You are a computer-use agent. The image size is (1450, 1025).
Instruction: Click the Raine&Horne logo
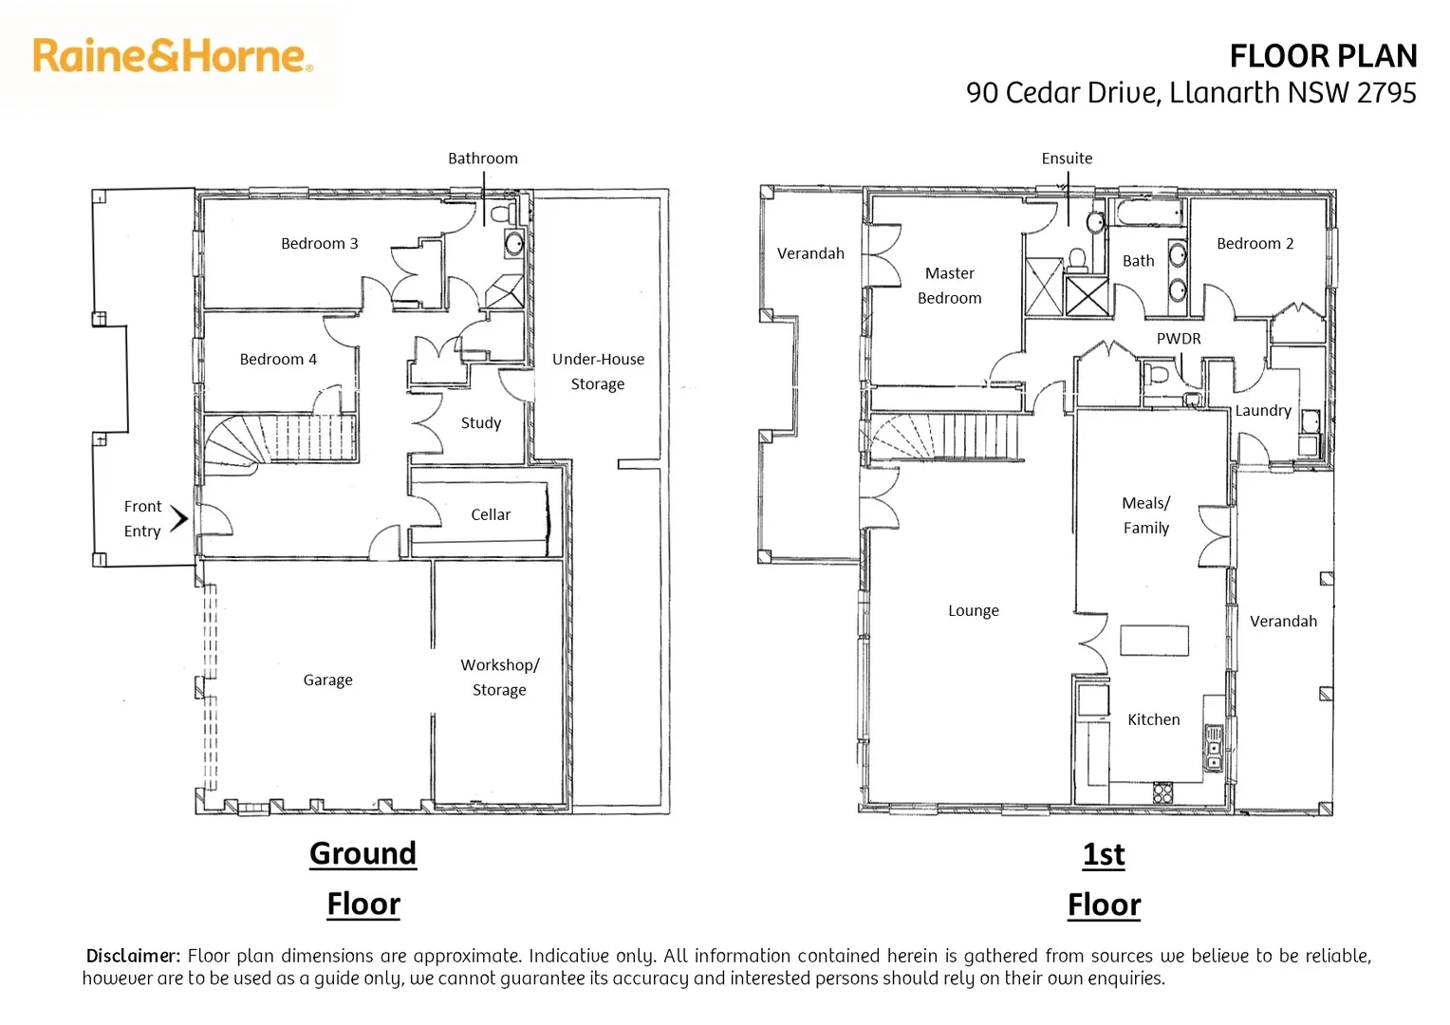[172, 56]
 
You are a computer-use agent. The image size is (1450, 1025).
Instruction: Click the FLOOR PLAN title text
[1322, 57]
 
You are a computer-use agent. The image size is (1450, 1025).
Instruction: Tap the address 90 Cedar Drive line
[1190, 93]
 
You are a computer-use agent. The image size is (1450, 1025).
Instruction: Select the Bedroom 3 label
[319, 244]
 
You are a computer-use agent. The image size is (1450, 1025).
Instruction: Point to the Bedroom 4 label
[277, 360]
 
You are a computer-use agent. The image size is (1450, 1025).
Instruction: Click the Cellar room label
[491, 514]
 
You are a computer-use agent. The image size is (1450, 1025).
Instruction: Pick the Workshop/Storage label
[499, 678]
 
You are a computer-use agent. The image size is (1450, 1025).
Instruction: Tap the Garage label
[327, 680]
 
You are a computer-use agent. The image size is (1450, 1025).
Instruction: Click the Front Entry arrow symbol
[179, 518]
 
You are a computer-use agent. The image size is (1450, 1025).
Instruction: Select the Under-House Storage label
[598, 372]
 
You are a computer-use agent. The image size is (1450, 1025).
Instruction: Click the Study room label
[480, 423]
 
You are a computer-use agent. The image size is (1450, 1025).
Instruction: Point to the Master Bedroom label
[949, 286]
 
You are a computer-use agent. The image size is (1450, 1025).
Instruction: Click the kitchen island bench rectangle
[1154, 641]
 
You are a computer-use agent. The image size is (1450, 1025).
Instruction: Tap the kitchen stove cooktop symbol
[1162, 792]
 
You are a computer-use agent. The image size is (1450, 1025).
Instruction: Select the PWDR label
[1178, 339]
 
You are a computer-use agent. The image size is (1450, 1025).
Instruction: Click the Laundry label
[1262, 411]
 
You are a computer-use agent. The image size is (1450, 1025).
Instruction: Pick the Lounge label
[973, 611]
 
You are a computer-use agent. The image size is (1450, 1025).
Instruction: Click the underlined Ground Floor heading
[363, 878]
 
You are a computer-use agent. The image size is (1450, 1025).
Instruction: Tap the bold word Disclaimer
[132, 956]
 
